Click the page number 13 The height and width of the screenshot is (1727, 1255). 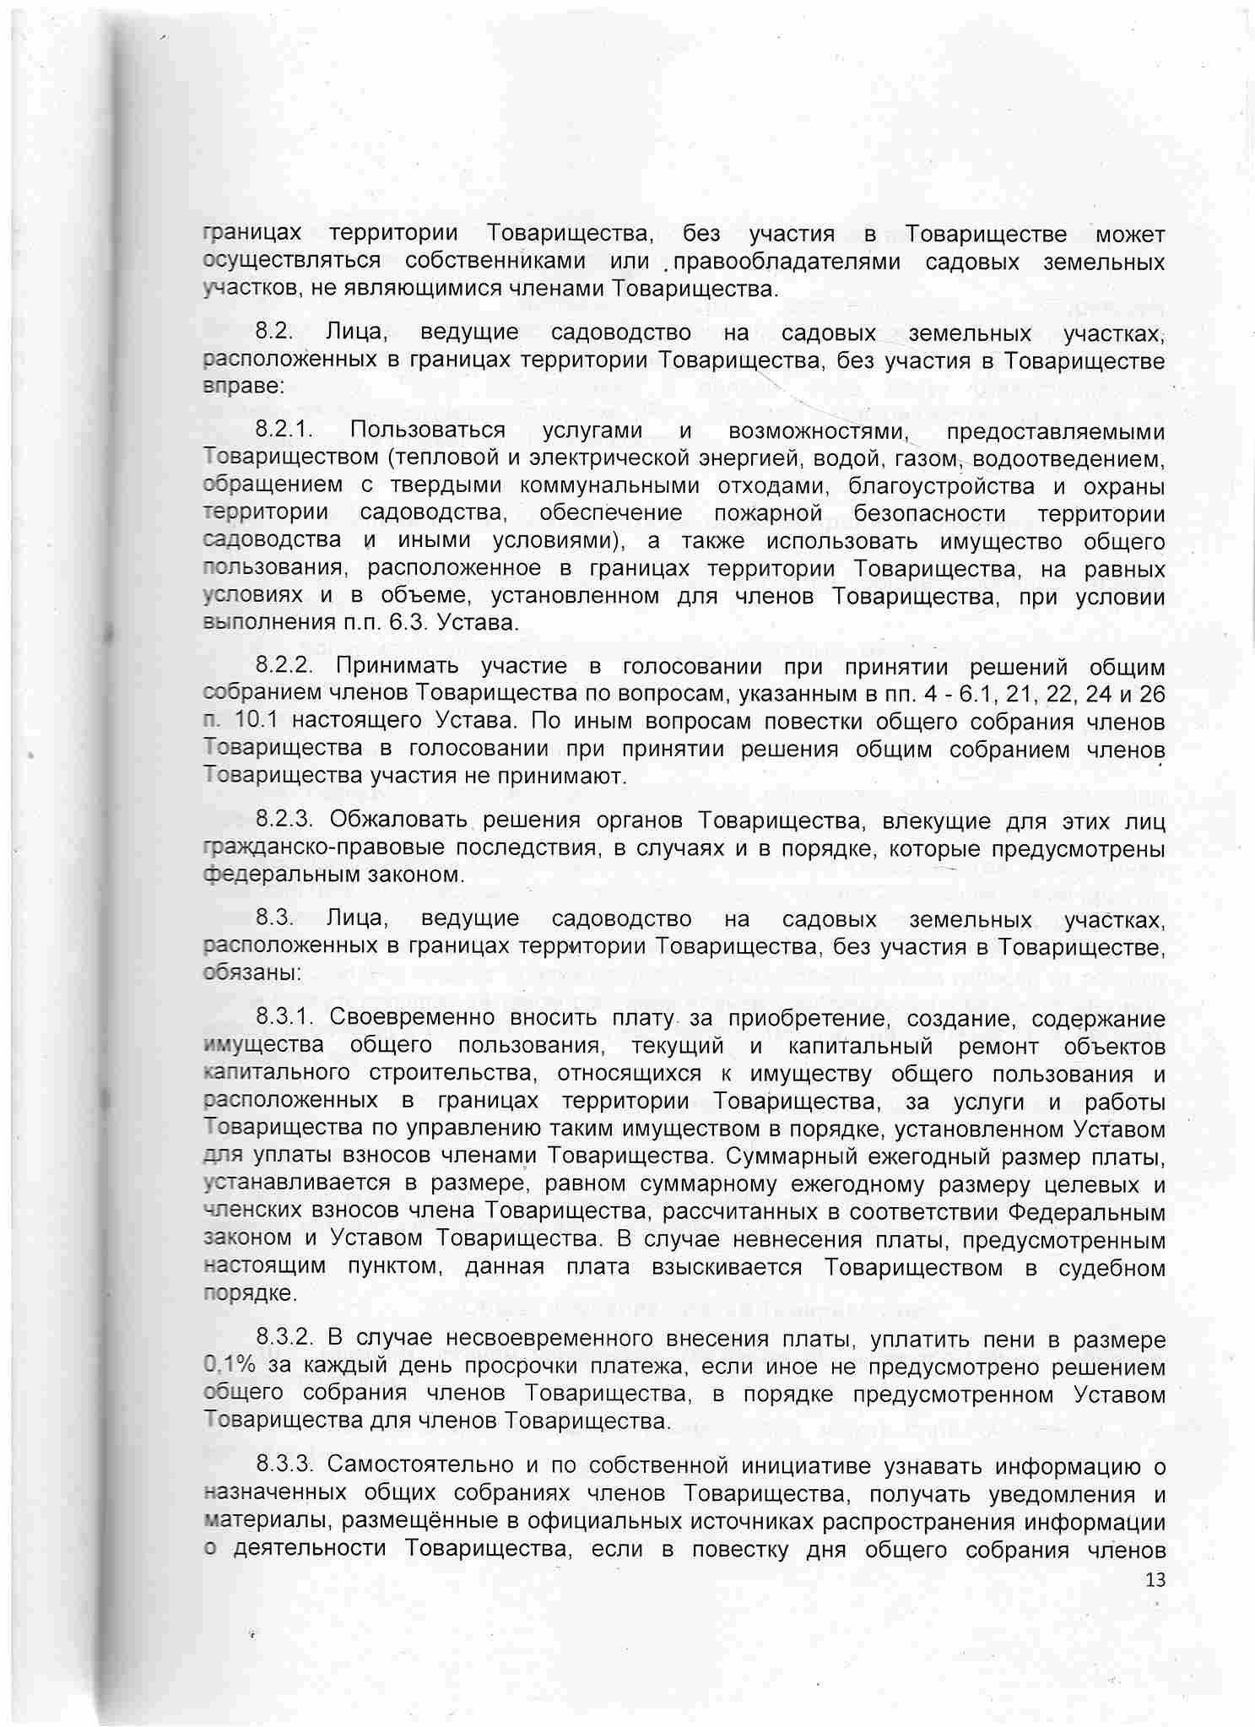coord(1155,1580)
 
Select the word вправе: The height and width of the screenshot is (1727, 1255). coord(239,388)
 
